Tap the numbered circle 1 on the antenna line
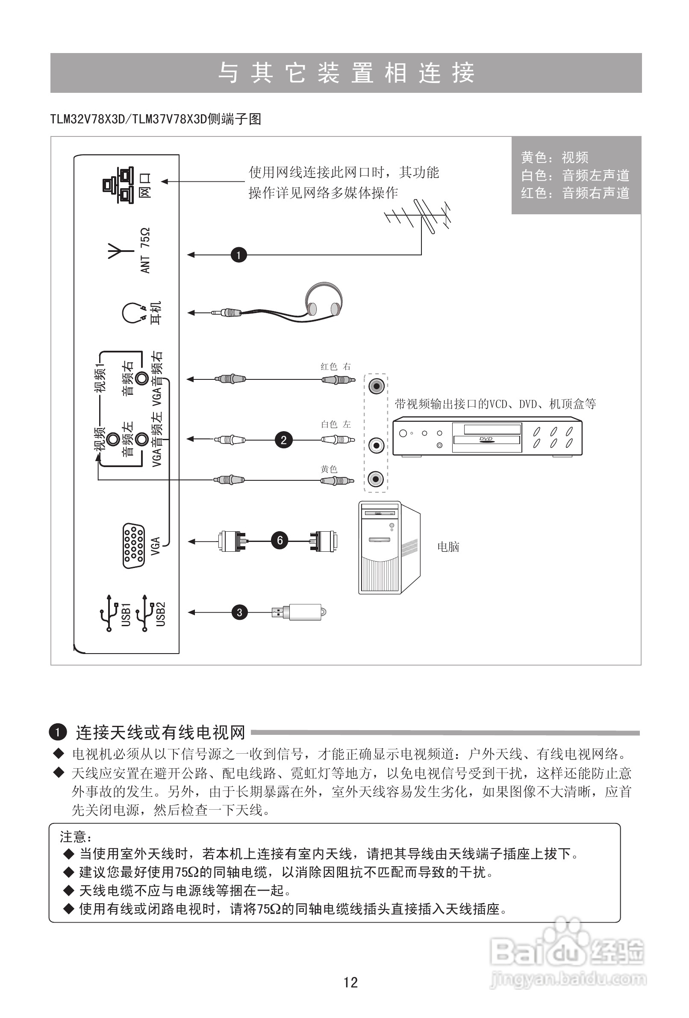[x=238, y=255]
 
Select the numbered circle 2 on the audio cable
[x=284, y=440]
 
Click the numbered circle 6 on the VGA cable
[x=280, y=541]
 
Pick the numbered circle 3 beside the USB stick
[x=239, y=613]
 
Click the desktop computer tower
[x=389, y=547]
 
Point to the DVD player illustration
[x=487, y=436]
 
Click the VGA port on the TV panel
[x=133, y=546]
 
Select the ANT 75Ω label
[x=145, y=250]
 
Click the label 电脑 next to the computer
[x=448, y=547]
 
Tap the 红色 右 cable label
[x=335, y=367]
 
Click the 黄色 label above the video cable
[x=329, y=469]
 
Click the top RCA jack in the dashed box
[x=376, y=386]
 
